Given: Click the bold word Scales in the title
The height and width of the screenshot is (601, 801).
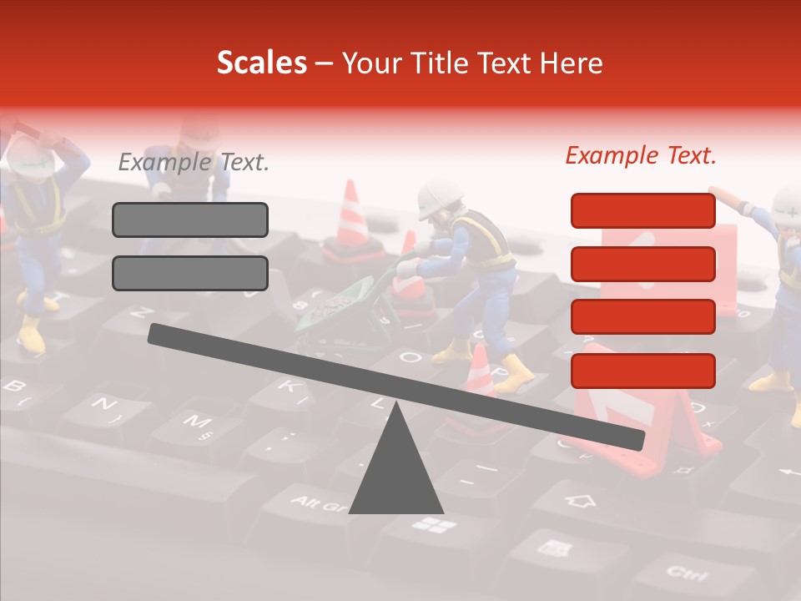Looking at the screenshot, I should (x=261, y=63).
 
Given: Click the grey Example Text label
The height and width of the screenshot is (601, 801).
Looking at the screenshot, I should (x=194, y=162).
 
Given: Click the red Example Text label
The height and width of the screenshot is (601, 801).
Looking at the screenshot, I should (x=641, y=155).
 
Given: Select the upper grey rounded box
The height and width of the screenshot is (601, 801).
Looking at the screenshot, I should (x=190, y=220).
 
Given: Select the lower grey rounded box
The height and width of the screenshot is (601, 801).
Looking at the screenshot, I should (x=190, y=273).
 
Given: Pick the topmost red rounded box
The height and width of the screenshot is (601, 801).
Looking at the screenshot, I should (x=642, y=210).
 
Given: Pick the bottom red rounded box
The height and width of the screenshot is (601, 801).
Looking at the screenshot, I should (x=642, y=371).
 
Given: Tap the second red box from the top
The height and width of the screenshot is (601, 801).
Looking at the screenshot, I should (x=642, y=264).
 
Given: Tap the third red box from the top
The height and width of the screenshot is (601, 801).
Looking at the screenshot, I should (x=642, y=317).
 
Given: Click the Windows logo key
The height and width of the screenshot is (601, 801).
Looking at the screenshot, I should (x=435, y=525).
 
